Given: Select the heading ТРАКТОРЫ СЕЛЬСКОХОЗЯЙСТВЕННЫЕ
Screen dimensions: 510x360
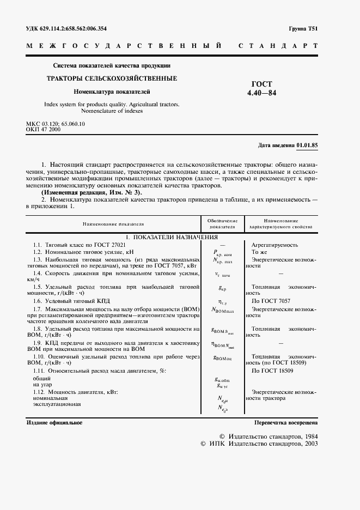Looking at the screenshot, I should pyautogui.click(x=111, y=78).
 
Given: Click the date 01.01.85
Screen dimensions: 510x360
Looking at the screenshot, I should pyautogui.click(x=308, y=145).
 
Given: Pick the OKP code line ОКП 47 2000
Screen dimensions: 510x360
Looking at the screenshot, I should pyautogui.click(x=44, y=130).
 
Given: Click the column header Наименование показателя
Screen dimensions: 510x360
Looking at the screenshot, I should pyautogui.click(x=113, y=224).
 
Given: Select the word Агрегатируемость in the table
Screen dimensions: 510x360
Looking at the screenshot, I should pyautogui.click(x=274, y=245).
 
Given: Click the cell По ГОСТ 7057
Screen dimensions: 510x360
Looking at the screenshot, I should pyautogui.click(x=271, y=300).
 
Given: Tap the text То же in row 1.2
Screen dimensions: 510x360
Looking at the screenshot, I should pyautogui.click(x=260, y=252).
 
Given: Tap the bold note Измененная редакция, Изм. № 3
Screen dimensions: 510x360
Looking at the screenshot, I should pyautogui.click(x=92, y=192).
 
